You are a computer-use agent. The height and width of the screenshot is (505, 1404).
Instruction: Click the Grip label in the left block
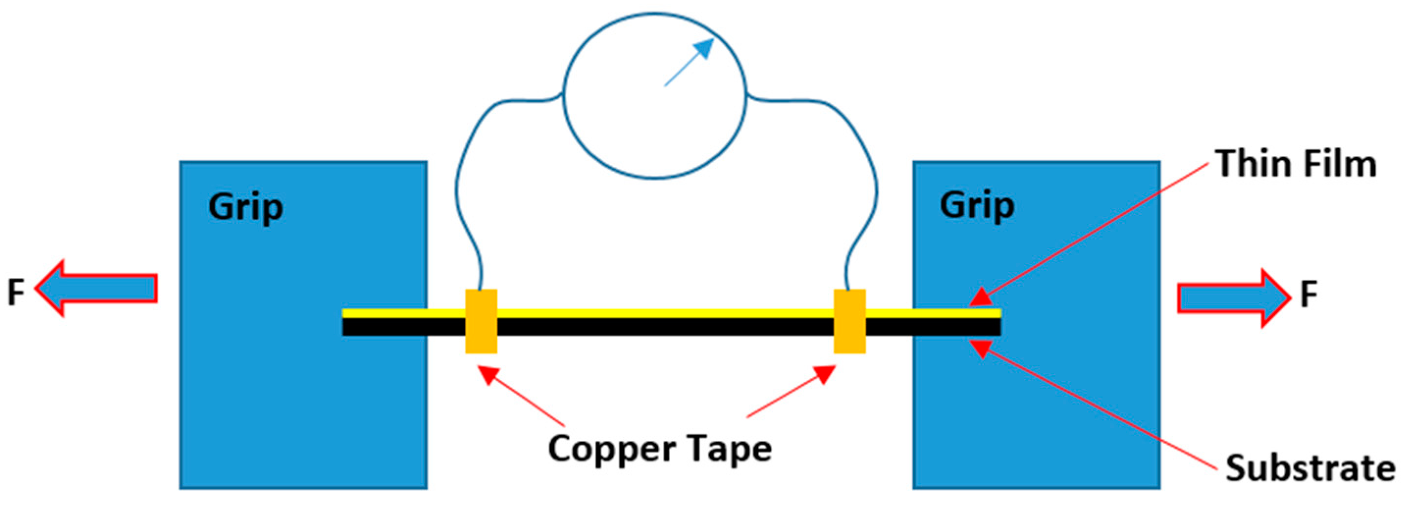point(245,208)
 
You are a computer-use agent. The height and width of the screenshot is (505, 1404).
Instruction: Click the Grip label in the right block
point(977,207)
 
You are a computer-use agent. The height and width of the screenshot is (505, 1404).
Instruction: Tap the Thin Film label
point(1296,164)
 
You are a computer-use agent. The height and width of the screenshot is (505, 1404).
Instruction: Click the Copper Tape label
point(660,449)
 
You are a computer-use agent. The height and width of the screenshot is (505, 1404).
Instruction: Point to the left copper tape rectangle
point(481,321)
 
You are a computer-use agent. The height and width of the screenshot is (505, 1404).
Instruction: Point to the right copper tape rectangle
point(850,321)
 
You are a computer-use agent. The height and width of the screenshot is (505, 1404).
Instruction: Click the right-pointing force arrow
point(1233,298)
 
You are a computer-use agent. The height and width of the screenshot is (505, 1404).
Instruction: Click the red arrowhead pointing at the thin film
point(981,297)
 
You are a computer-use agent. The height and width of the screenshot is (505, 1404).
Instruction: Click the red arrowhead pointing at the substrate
point(981,348)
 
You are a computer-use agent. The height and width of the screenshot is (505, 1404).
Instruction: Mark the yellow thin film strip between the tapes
point(665,313)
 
